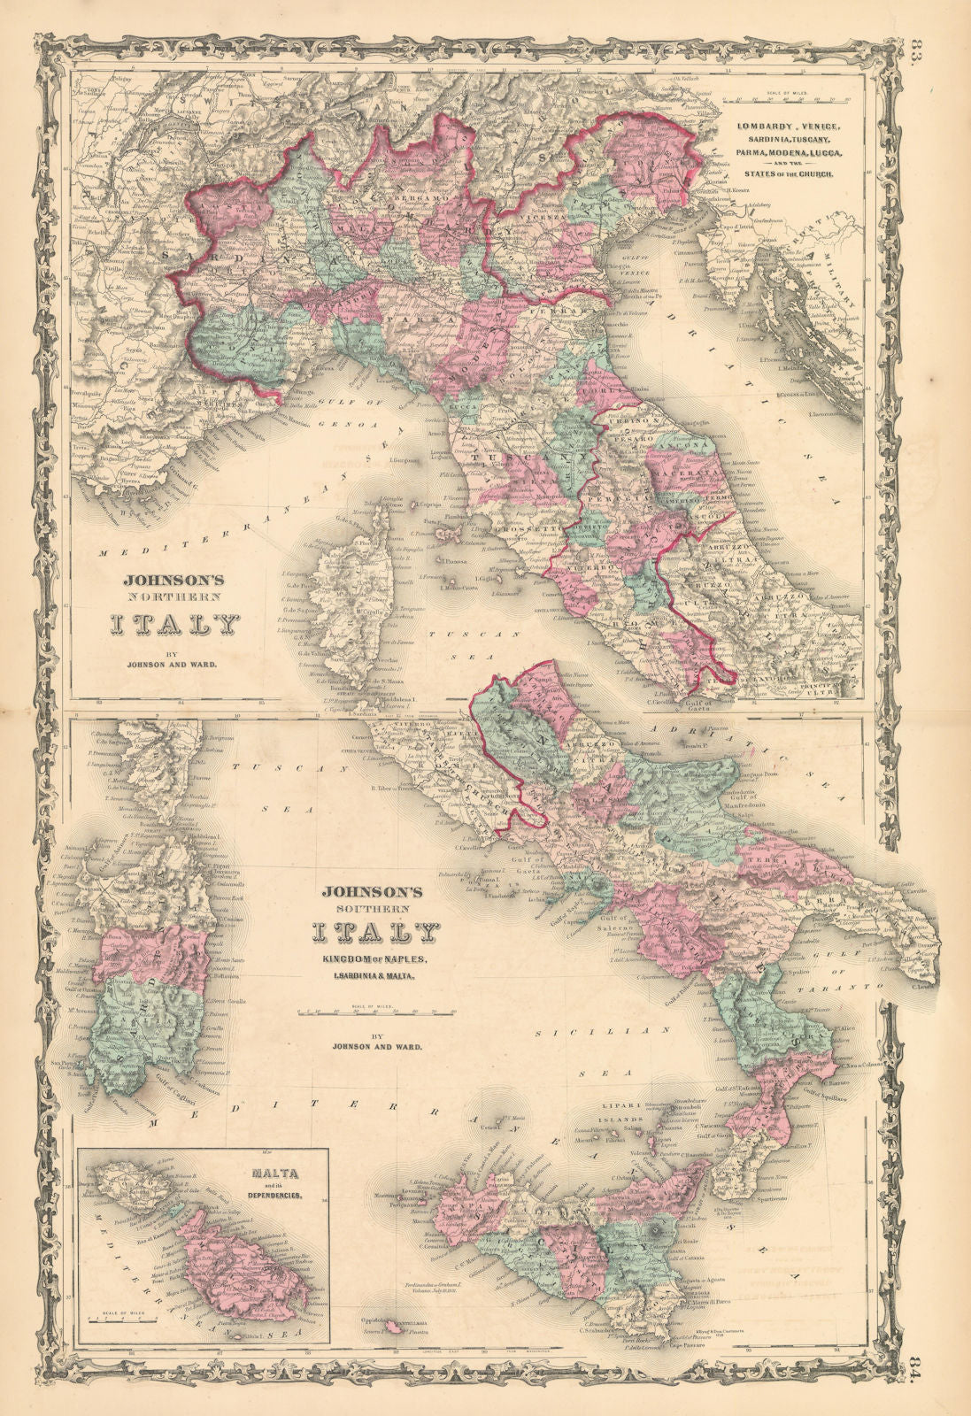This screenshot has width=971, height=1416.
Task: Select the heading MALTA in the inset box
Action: pyautogui.click(x=275, y=1174)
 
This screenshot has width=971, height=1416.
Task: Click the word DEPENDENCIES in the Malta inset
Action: pyautogui.click(x=276, y=1195)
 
